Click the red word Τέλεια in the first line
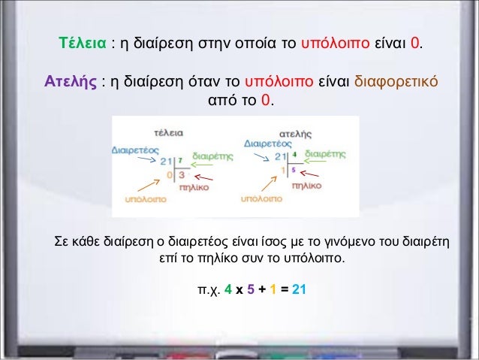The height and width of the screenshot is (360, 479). (82, 44)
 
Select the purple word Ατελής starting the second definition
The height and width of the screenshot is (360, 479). (70, 80)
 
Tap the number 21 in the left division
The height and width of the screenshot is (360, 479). (166, 160)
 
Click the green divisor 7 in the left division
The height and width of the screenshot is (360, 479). (180, 159)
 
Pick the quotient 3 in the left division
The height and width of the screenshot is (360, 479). (182, 174)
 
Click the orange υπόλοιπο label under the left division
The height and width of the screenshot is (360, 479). (145, 200)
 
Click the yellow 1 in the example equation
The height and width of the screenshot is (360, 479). (274, 289)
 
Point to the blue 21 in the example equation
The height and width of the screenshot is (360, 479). (299, 289)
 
